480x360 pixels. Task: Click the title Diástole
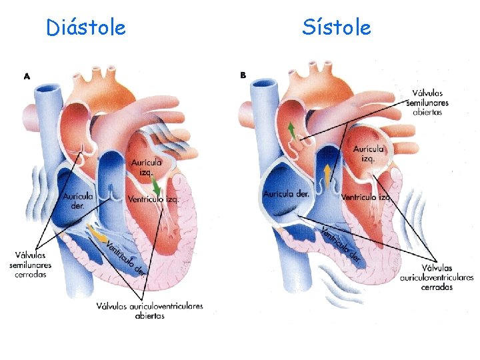tap(85, 28)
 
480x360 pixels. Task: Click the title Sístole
tap(336, 28)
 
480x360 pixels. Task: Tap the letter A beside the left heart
tap(27, 77)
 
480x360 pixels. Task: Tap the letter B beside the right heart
tap(243, 75)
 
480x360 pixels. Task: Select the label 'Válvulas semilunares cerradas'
tap(31, 265)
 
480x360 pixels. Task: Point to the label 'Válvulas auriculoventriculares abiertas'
tap(149, 311)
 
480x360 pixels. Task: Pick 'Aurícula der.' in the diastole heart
tap(79, 201)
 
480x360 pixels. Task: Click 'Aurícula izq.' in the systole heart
tap(369, 153)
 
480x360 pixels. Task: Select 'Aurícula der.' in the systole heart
tap(287, 194)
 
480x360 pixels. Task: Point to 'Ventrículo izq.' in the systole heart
tap(366, 197)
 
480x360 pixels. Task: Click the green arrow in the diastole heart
tap(156, 187)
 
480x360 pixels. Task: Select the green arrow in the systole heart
tap(291, 130)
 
